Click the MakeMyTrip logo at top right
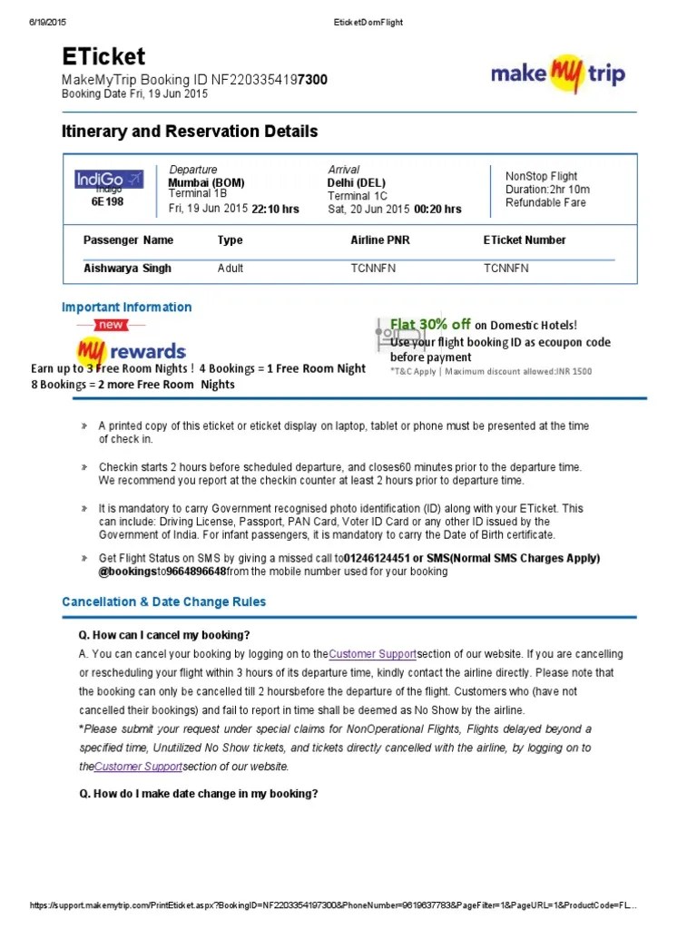(557, 73)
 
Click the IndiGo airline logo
(108, 180)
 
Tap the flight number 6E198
(107, 202)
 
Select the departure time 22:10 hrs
(275, 209)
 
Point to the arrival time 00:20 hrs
(437, 209)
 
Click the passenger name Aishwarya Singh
(127, 269)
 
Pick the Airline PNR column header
(382, 240)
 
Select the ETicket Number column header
(525, 240)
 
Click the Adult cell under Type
(231, 269)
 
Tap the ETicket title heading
(103, 56)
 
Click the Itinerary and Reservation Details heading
(190, 132)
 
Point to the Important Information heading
(127, 308)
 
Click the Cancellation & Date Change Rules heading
(164, 601)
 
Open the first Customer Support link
(372, 654)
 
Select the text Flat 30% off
(430, 325)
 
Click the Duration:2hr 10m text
(547, 190)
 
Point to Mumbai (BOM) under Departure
(207, 182)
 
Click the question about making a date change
(199, 794)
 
